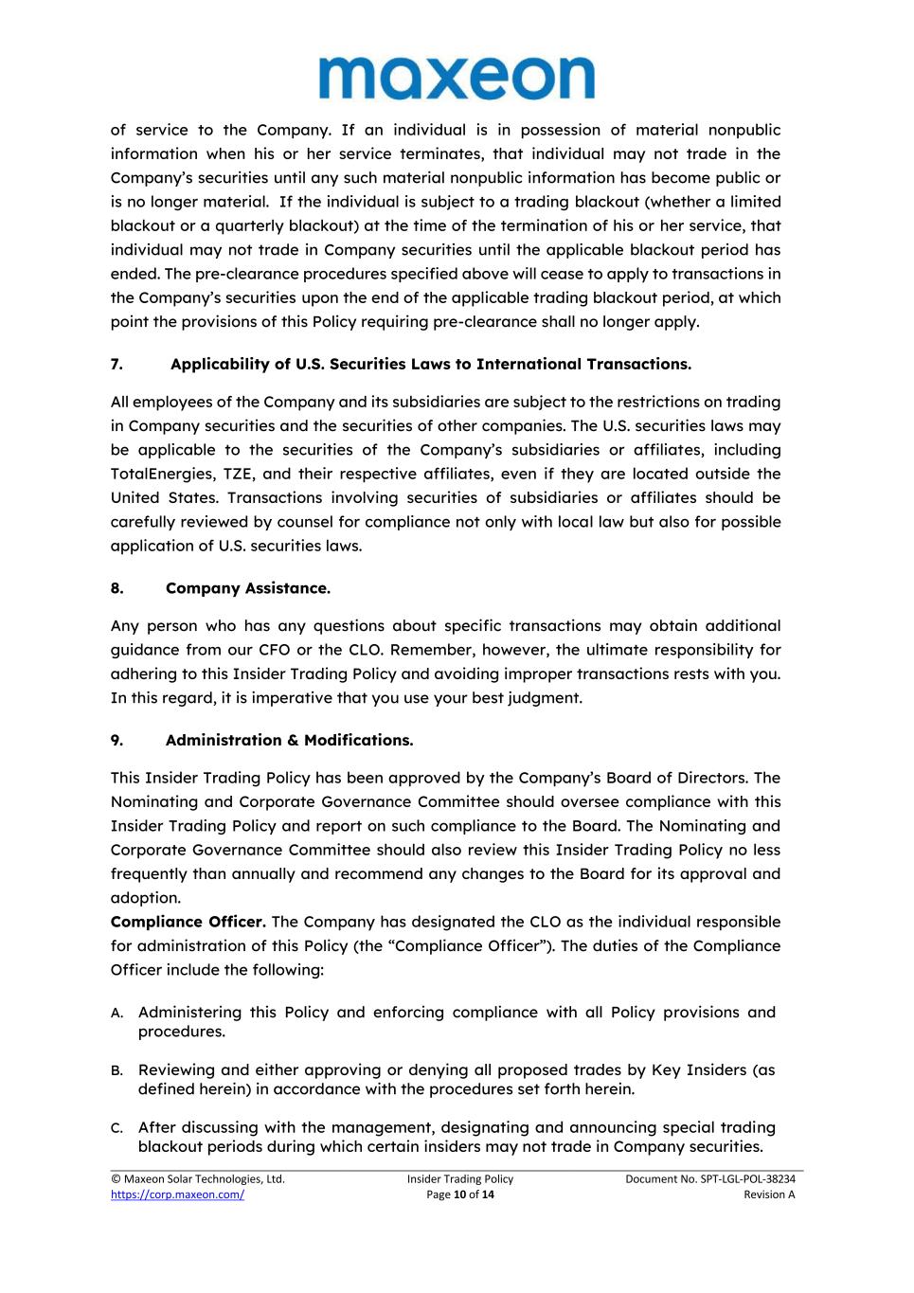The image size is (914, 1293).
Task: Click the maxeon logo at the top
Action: pyautogui.click(x=457, y=78)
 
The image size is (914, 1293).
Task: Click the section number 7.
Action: pyautogui.click(x=116, y=365)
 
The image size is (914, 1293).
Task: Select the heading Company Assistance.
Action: pyautogui.click(x=248, y=588)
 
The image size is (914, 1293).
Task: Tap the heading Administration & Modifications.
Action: pyautogui.click(x=289, y=741)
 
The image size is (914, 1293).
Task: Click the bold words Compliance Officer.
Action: pyautogui.click(x=188, y=922)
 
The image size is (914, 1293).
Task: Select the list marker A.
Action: pyautogui.click(x=116, y=1013)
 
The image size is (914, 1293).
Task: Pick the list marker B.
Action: pyautogui.click(x=116, y=1070)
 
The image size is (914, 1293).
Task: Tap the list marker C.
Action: pyautogui.click(x=116, y=1128)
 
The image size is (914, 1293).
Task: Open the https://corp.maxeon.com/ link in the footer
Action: pyautogui.click(x=177, y=1194)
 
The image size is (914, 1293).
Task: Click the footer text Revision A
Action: pyautogui.click(x=769, y=1194)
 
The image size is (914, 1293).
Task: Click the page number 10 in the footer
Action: pyautogui.click(x=459, y=1194)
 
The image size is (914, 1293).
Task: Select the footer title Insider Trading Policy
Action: pyautogui.click(x=460, y=1179)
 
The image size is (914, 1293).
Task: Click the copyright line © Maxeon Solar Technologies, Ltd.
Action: pyautogui.click(x=198, y=1179)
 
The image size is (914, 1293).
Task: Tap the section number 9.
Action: pyautogui.click(x=116, y=741)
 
